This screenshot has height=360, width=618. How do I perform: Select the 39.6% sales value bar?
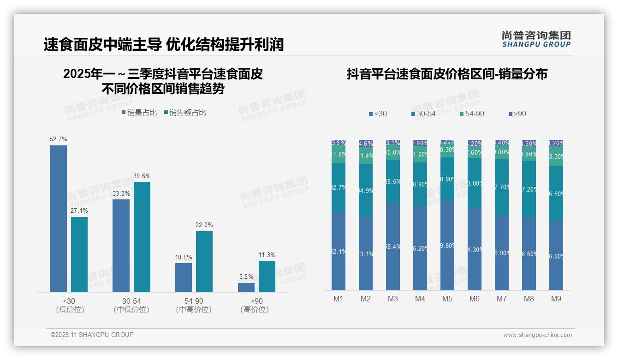click(x=142, y=237)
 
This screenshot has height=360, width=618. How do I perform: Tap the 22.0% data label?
click(x=204, y=225)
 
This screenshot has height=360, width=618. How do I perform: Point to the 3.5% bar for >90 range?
click(x=246, y=287)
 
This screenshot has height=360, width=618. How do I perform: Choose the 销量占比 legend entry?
click(x=139, y=112)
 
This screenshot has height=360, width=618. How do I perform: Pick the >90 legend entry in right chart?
click(x=517, y=114)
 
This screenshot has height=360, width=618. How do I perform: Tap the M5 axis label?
click(x=447, y=299)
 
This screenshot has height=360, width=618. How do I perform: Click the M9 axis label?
click(x=556, y=299)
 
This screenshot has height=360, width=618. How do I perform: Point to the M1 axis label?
click(x=339, y=299)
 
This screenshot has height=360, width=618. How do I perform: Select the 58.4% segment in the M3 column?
click(x=393, y=246)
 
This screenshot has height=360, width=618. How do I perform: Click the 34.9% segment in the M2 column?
click(x=366, y=190)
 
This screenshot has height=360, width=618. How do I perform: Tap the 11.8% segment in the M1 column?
click(x=339, y=155)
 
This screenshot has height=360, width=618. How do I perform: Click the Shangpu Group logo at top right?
click(x=536, y=39)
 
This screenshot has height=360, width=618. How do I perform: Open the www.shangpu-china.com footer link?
click(x=537, y=335)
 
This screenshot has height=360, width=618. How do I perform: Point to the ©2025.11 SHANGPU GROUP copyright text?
click(x=92, y=335)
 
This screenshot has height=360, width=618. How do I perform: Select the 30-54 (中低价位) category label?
click(x=131, y=305)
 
